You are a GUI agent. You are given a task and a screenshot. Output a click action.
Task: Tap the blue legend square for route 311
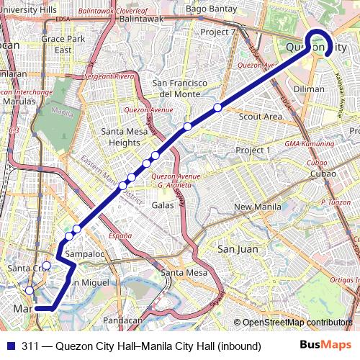9,346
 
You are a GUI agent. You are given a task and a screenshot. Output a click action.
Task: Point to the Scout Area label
260,116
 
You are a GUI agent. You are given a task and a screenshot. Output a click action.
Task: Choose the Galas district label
163,204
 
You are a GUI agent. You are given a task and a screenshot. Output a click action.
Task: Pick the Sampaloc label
84,254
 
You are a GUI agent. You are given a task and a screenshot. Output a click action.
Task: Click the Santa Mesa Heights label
120,137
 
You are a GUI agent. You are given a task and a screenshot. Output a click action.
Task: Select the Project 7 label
217,32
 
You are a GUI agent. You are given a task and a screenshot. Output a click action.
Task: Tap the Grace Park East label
57,44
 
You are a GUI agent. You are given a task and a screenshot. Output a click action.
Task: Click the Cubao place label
316,174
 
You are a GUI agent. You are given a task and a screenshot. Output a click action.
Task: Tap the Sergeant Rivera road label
109,76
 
